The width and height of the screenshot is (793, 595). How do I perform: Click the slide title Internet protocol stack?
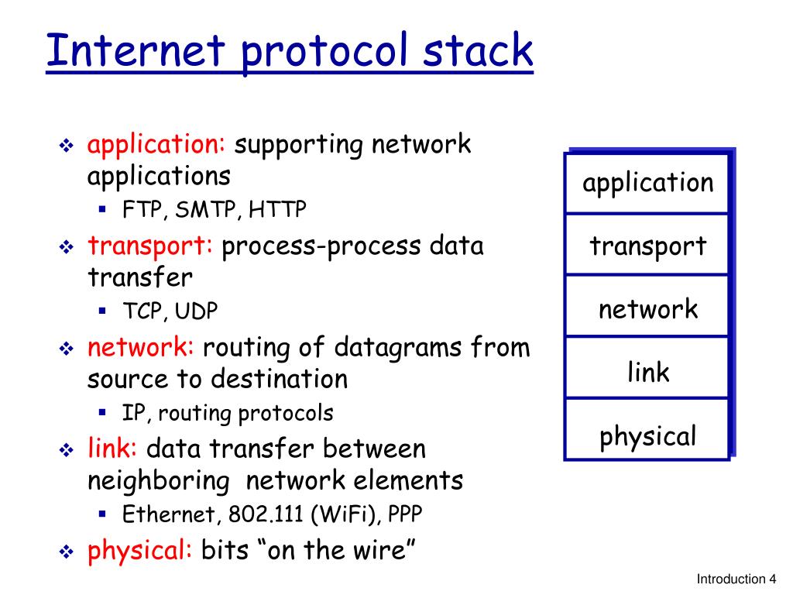[x=289, y=51]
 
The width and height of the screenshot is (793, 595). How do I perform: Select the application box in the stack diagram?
[x=647, y=184]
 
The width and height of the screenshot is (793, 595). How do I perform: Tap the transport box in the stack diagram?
[x=647, y=246]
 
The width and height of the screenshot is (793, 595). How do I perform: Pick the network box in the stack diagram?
[x=647, y=309]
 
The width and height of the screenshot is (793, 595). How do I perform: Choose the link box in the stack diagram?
[x=647, y=373]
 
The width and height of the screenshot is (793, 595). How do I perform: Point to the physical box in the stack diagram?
[x=647, y=436]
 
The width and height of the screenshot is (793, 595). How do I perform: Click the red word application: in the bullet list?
[x=156, y=145]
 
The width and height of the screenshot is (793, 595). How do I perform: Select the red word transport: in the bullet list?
[x=150, y=246]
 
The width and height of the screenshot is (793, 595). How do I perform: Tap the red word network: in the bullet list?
[x=141, y=348]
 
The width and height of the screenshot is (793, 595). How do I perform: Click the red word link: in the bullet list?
[x=112, y=449]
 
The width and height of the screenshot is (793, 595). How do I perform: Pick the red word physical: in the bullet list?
[x=140, y=551]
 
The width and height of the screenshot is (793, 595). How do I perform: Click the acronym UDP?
[x=196, y=311]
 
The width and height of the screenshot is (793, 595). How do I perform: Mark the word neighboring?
[x=158, y=481]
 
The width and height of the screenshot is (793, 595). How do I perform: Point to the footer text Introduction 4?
[x=736, y=580]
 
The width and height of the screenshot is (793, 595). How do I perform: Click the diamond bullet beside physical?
[x=66, y=552]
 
